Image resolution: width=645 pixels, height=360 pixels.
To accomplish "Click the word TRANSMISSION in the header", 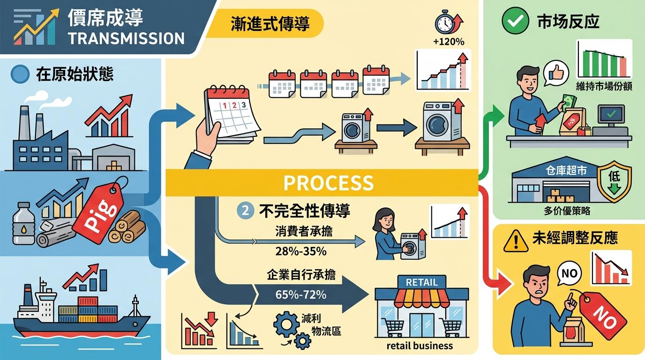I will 126,38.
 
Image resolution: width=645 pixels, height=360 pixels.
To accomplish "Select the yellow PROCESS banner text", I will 328,182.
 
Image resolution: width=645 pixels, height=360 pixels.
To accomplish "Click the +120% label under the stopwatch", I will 449,42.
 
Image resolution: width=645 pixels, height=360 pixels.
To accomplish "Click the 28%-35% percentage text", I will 300,251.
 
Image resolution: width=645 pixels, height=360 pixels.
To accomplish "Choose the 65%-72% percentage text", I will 300,295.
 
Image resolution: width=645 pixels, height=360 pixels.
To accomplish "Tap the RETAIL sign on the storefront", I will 421,282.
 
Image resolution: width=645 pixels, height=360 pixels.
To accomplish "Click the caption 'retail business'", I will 420,346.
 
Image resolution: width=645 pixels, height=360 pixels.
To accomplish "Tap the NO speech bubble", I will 569,273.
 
